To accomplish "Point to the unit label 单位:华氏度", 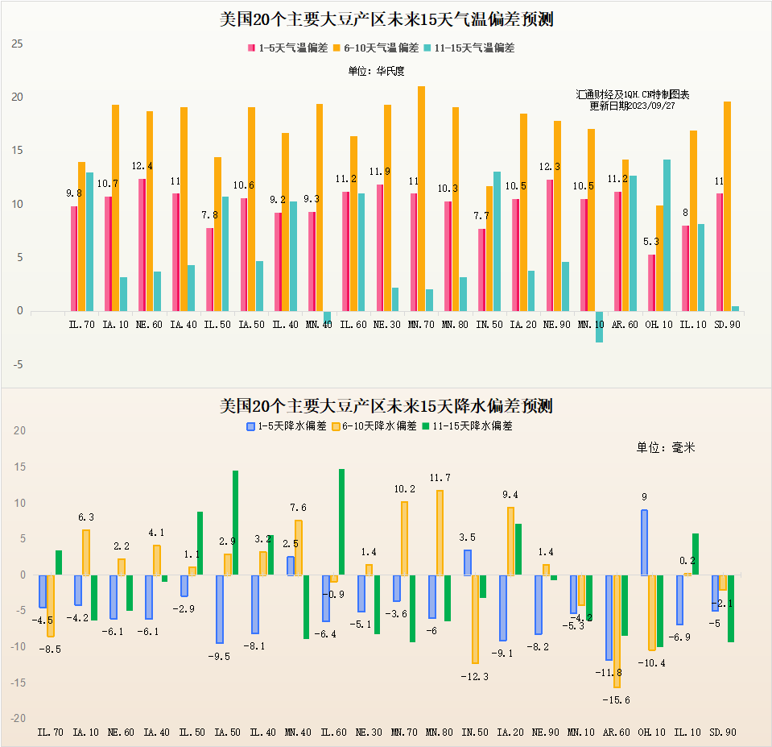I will pyautogui.click(x=377, y=71).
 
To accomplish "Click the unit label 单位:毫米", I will pyautogui.click(x=666, y=448).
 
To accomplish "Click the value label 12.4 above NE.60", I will pyautogui.click(x=142, y=167).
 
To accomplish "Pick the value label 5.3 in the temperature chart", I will pyautogui.click(x=652, y=242).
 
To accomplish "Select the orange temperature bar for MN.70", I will pyautogui.click(x=422, y=198).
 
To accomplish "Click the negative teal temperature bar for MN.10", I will pyautogui.click(x=599, y=326).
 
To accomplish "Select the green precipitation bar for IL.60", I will pyautogui.click(x=341, y=522).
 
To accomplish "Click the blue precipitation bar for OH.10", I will pyautogui.click(x=644, y=542).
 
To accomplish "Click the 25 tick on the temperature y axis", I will pyautogui.click(x=18, y=44).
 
